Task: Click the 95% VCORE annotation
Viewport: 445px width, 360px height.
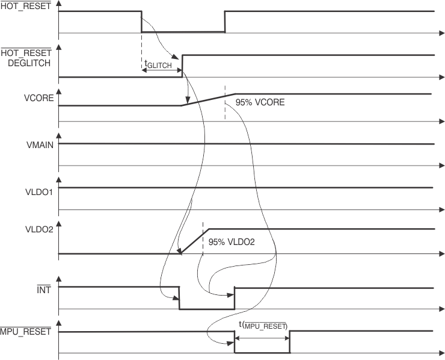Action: click(x=260, y=102)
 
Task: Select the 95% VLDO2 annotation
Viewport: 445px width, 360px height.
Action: click(x=232, y=242)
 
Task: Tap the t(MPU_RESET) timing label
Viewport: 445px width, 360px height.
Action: click(x=263, y=325)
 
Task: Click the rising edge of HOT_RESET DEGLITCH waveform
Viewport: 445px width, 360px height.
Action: click(x=182, y=66)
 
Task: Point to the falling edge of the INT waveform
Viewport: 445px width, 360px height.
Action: click(x=179, y=298)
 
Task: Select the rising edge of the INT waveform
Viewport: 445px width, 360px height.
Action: click(x=235, y=298)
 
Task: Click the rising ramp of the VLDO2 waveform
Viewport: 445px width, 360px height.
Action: click(x=194, y=241)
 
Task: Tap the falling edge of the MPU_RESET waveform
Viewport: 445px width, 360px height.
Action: click(x=235, y=342)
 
